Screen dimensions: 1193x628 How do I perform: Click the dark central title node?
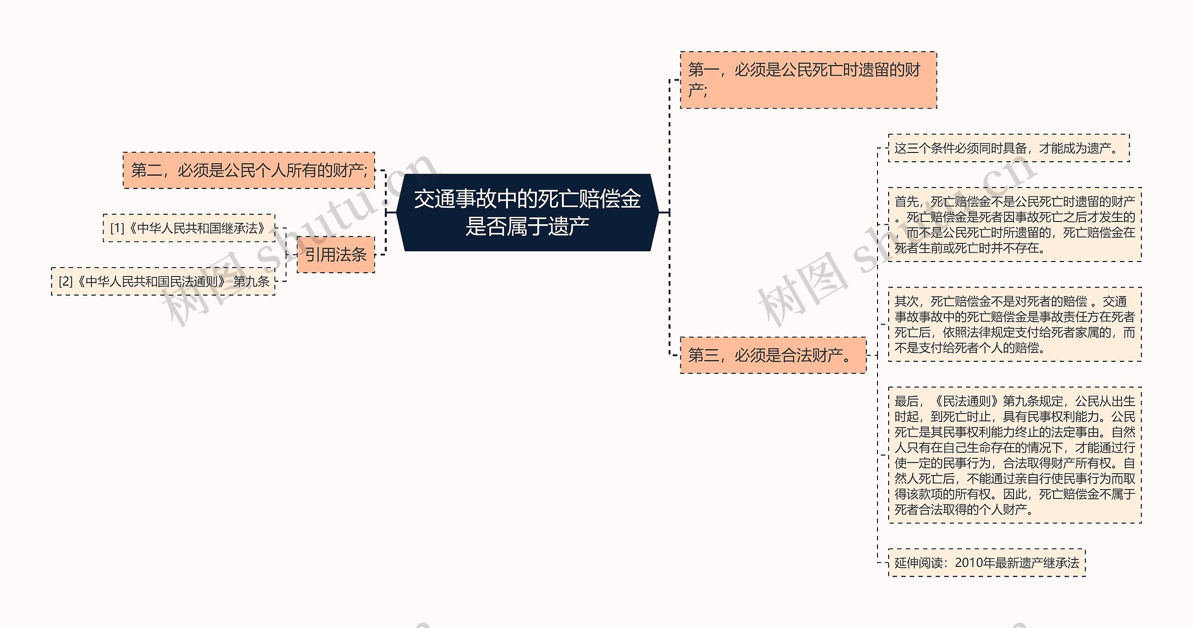(x=527, y=213)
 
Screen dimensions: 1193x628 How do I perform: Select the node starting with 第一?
(x=808, y=80)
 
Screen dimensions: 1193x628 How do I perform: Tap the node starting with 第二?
(x=249, y=171)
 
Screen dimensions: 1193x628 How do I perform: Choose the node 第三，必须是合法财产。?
(x=773, y=355)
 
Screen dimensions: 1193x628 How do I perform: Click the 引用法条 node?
(x=336, y=255)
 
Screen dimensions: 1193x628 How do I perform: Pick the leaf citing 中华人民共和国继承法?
(x=189, y=228)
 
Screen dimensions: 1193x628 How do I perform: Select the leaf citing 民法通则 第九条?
(x=163, y=282)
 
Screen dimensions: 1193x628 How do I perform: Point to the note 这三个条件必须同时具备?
(x=1008, y=148)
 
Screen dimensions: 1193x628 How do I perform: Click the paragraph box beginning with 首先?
(x=1015, y=225)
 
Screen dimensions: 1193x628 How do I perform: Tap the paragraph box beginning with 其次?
(x=1015, y=324)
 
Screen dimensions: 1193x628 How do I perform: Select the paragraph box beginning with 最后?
(x=1015, y=455)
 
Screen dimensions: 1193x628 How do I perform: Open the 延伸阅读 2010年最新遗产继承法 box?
(x=987, y=563)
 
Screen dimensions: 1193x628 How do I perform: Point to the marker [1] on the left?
(x=117, y=228)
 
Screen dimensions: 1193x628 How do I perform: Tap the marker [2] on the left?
(x=66, y=282)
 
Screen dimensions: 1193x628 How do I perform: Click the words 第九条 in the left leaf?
(x=252, y=282)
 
